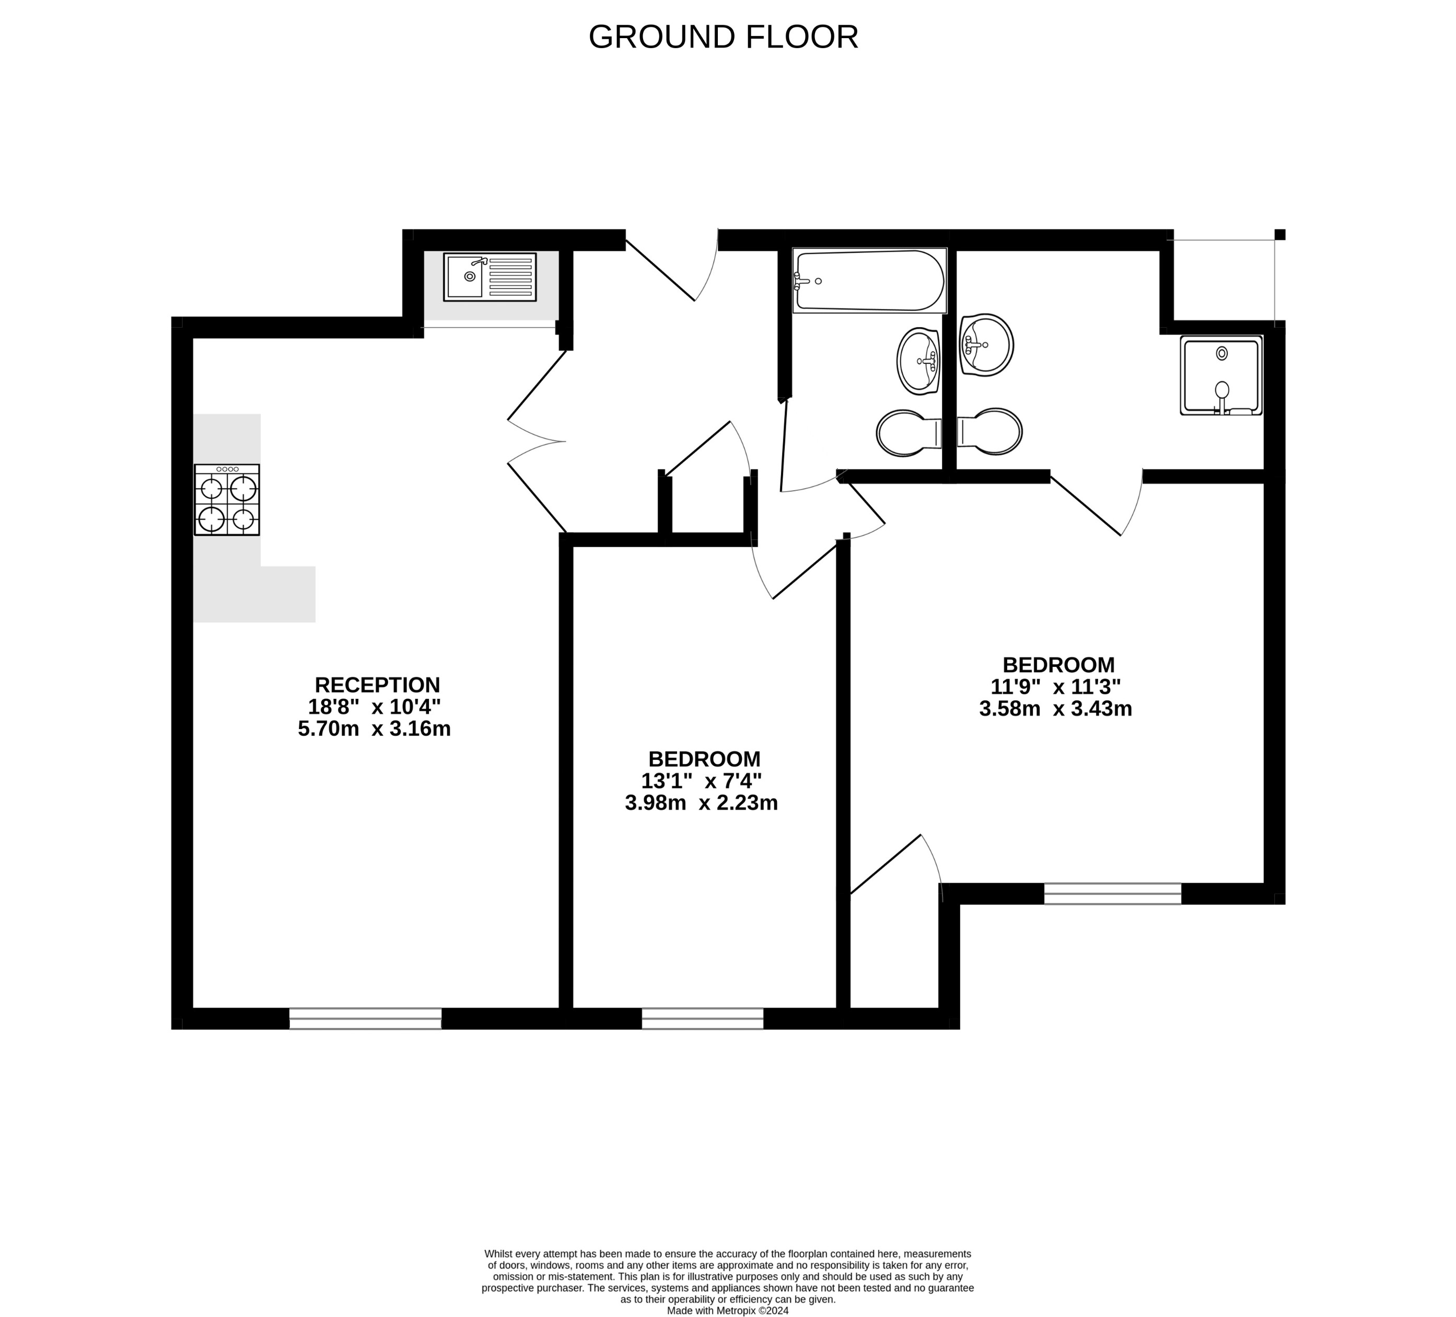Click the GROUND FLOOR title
723,37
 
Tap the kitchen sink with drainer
490,276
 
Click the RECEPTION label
377,684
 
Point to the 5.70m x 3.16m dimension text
374,728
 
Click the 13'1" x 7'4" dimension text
701,780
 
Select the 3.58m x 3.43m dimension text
1055,709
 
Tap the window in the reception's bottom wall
366,1018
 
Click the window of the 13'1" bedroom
702,1018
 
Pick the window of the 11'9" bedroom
1112,894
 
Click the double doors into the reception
536,441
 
